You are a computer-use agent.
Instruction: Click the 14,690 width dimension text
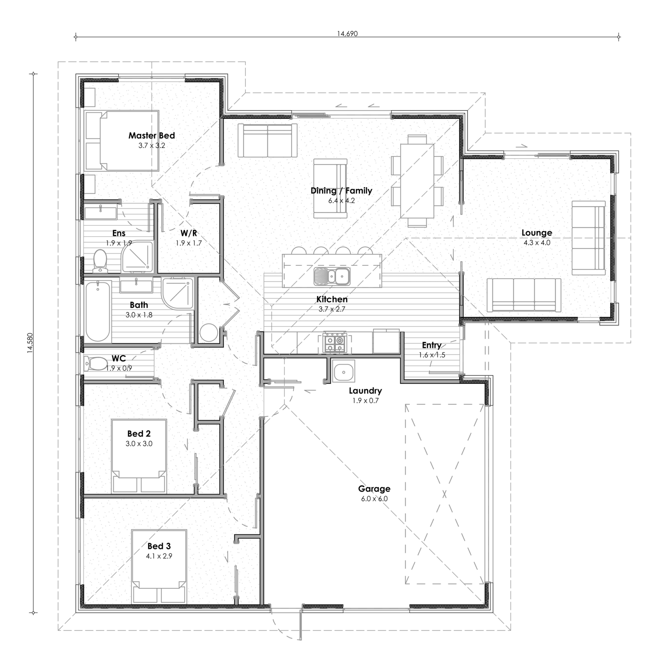347,33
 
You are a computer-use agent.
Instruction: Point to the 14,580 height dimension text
30,342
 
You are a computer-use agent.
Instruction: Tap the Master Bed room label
152,136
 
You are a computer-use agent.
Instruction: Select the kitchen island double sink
332,276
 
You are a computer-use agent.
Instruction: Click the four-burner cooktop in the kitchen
335,343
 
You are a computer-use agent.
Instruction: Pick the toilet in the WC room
96,363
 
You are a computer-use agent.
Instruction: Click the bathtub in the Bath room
98,312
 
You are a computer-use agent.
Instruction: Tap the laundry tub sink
343,371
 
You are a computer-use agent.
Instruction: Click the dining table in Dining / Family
417,181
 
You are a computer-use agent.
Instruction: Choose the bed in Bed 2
139,456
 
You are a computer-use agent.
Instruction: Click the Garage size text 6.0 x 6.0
374,499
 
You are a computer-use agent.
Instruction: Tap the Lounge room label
536,233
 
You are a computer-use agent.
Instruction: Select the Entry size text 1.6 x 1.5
432,355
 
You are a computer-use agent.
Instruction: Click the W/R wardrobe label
189,233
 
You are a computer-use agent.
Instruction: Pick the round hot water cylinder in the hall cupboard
208,333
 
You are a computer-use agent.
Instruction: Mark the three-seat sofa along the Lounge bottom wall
524,295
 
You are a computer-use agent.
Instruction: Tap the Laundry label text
365,391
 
